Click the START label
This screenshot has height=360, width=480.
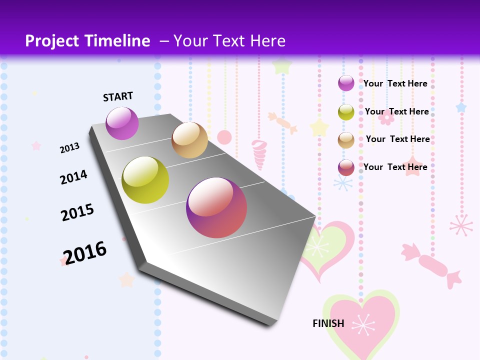tap(118, 96)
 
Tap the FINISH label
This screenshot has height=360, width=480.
tap(328, 323)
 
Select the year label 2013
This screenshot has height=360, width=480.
tap(69, 147)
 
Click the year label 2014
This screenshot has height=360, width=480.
tap(73, 177)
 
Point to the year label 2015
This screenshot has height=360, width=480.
tap(77, 212)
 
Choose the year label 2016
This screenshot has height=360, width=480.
tap(85, 252)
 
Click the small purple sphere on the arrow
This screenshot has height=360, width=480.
tap(122, 123)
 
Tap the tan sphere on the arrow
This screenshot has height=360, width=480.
tap(189, 140)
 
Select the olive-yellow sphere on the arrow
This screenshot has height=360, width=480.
tap(145, 180)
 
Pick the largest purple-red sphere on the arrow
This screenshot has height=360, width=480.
tap(216, 207)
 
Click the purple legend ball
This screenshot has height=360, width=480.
tap(346, 83)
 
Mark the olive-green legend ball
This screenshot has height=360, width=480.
tap(346, 112)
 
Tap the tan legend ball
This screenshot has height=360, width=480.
tap(346, 140)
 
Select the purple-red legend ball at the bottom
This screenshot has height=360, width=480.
tap(346, 167)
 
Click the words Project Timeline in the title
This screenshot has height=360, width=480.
tap(87, 41)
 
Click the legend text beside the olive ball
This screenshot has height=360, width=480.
tap(396, 111)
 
